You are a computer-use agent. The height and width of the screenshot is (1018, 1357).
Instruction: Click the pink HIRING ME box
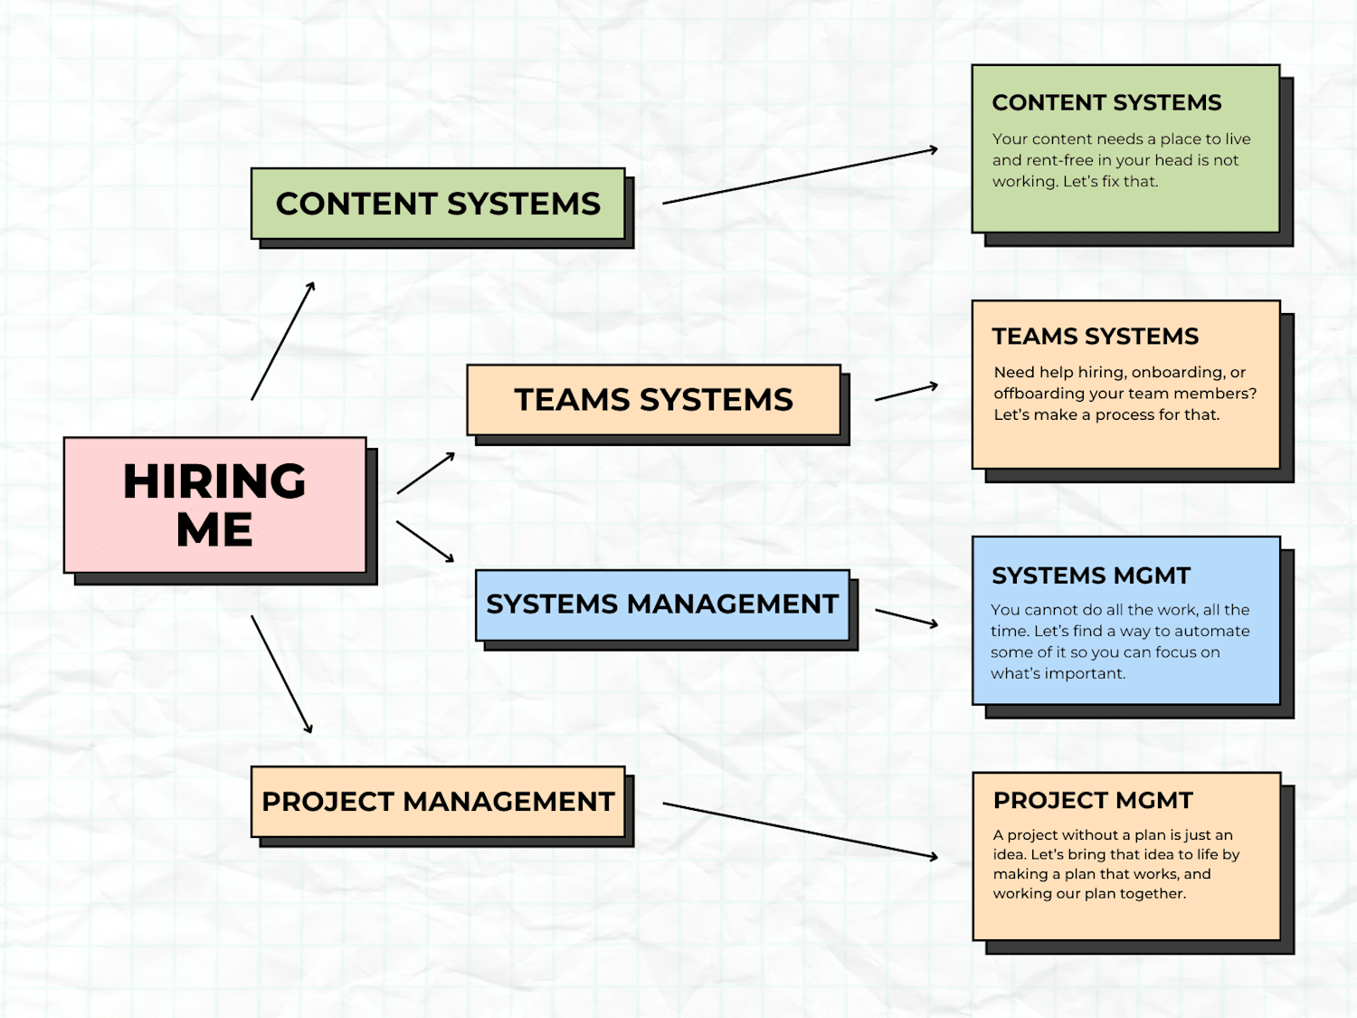click(x=215, y=505)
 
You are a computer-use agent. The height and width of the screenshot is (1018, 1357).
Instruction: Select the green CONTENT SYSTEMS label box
click(x=438, y=204)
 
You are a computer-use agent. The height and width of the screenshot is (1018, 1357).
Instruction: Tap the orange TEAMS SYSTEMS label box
click(x=653, y=400)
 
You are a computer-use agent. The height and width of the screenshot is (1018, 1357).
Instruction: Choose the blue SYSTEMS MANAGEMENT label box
click(x=662, y=605)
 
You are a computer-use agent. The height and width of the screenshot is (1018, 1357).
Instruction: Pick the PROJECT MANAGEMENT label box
click(x=438, y=802)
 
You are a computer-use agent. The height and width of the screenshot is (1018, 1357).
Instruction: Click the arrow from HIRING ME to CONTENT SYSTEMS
click(x=283, y=340)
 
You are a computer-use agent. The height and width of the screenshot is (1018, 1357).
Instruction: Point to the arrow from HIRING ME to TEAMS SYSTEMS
click(x=426, y=473)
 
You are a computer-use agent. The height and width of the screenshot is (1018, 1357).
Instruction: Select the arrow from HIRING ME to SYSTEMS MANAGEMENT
click(x=425, y=541)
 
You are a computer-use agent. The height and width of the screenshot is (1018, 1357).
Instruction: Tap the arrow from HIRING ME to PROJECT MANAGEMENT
click(x=282, y=674)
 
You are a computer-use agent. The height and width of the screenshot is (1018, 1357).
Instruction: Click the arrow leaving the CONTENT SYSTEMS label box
click(x=801, y=176)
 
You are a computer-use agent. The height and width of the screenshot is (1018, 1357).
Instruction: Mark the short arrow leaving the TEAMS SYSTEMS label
click(x=906, y=392)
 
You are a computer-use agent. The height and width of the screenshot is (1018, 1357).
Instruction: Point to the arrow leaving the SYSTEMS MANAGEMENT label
click(x=906, y=618)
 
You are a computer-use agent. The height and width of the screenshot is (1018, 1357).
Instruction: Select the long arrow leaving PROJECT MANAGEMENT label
click(x=801, y=831)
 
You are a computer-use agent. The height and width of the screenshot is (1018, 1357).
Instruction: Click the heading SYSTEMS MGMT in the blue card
click(x=1090, y=576)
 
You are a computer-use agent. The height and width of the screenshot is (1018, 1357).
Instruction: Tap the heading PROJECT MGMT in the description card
click(x=1093, y=801)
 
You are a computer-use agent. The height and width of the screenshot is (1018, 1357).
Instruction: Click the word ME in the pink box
click(x=214, y=529)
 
